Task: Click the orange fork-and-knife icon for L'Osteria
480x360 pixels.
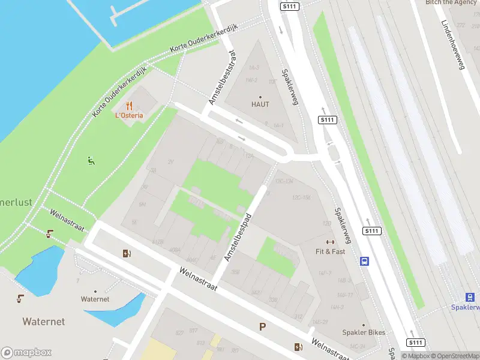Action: click(129, 106)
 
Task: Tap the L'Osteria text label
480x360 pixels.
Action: click(129, 115)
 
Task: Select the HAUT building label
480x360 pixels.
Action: click(260, 104)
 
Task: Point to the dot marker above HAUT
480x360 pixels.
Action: click(260, 97)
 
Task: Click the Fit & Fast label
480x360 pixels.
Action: click(331, 251)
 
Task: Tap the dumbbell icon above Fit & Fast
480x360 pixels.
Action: click(330, 242)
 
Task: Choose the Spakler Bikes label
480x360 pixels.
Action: click(364, 332)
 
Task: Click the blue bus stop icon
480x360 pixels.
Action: click(364, 261)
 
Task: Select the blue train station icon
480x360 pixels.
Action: click(470, 297)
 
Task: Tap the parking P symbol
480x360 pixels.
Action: click(262, 326)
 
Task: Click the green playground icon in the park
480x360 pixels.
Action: click(91, 160)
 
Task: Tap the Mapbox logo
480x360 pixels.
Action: click(26, 353)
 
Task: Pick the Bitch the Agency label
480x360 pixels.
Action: click(451, 2)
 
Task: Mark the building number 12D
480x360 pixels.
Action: click(327, 223)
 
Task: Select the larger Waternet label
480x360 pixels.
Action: click(43, 322)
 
